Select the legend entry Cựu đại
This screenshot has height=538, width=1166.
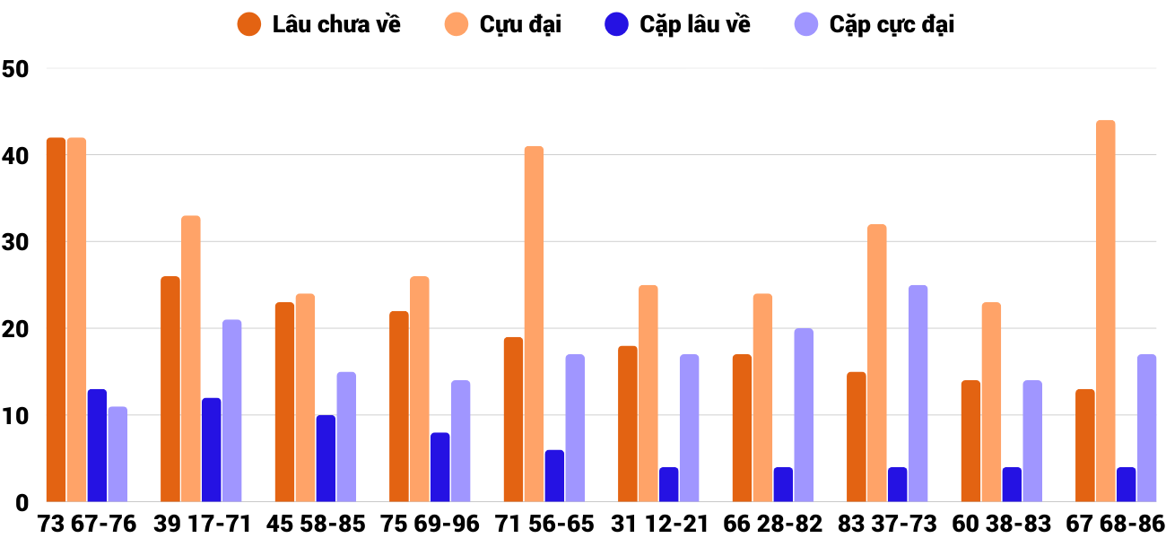(x=503, y=24)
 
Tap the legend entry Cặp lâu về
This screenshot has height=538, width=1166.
(x=677, y=24)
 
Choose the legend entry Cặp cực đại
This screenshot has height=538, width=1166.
(x=874, y=24)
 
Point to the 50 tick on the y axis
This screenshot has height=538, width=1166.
(x=17, y=69)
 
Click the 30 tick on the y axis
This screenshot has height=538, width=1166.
(x=17, y=242)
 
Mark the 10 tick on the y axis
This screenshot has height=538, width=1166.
(x=17, y=416)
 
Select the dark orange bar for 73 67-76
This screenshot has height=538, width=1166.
(x=57, y=320)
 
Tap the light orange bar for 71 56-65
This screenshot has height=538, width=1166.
(x=534, y=324)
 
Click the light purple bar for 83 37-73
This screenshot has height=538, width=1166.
(x=918, y=394)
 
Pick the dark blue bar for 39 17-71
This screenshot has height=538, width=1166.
(x=212, y=450)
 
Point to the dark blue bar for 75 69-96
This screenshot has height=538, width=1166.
(x=440, y=467)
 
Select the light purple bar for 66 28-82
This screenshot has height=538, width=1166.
(x=804, y=415)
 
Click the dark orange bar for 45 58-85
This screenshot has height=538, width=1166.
(x=285, y=403)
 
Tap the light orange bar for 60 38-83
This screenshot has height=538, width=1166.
(x=991, y=403)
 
